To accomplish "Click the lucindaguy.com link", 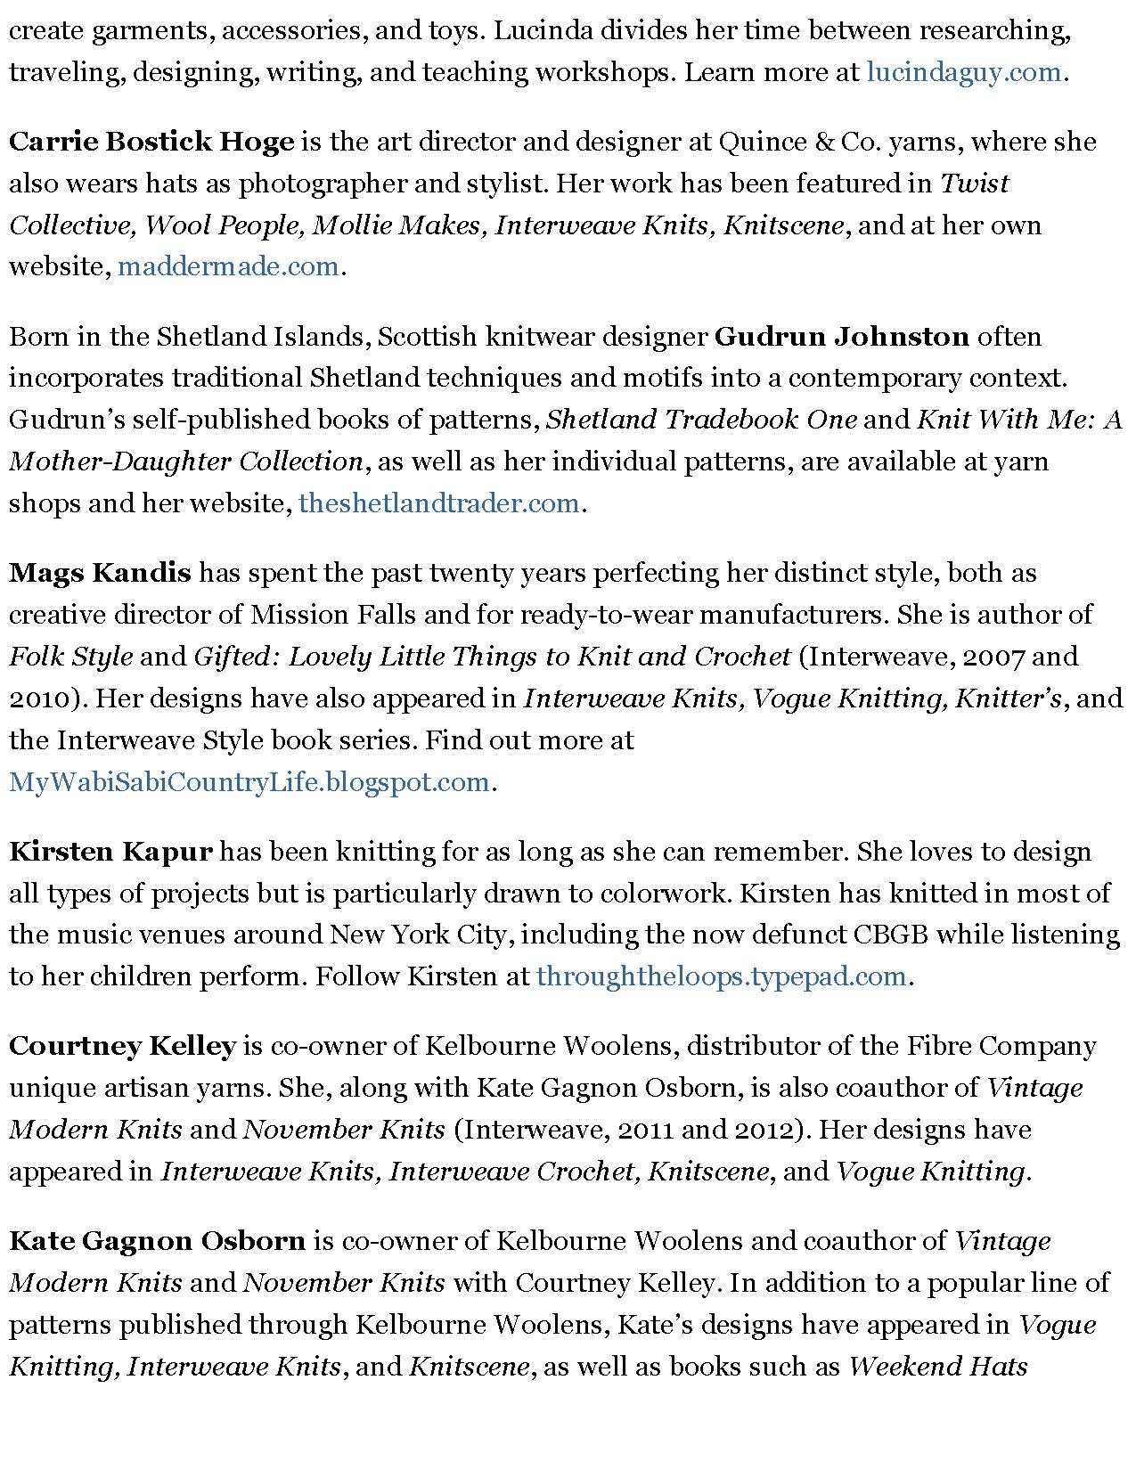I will [963, 72].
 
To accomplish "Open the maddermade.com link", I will [228, 266].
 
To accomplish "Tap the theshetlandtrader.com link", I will [439, 503].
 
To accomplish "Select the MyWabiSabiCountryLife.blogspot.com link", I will [249, 782].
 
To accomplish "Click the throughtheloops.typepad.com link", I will [721, 976].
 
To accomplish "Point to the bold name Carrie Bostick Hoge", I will [151, 142].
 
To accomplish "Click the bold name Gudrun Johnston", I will [842, 337].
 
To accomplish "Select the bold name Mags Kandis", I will [100, 572].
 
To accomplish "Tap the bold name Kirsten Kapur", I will [110, 852].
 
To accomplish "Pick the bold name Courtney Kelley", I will [122, 1046].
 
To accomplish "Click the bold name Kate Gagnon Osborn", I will [157, 1241].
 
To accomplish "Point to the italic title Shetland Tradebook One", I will [701, 420].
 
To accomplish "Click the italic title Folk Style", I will [71, 657].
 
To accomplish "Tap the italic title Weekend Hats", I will [938, 1367].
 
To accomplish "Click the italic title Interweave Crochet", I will [513, 1172].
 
